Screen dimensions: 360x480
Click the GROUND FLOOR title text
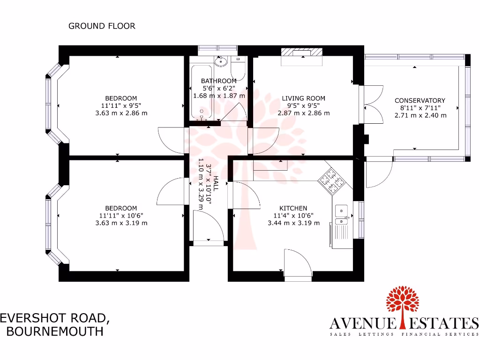point(102,26)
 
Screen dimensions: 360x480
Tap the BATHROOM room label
point(219,81)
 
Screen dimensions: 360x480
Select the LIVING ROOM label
point(303,98)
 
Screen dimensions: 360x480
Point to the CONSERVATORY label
point(420,100)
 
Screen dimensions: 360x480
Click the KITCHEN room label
point(293,209)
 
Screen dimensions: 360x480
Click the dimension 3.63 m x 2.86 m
point(121,113)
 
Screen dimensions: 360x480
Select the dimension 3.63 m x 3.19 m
point(121,223)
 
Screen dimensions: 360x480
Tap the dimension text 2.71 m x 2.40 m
point(420,115)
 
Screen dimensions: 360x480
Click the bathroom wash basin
point(220,61)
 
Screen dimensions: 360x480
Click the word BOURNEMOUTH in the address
point(54,331)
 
